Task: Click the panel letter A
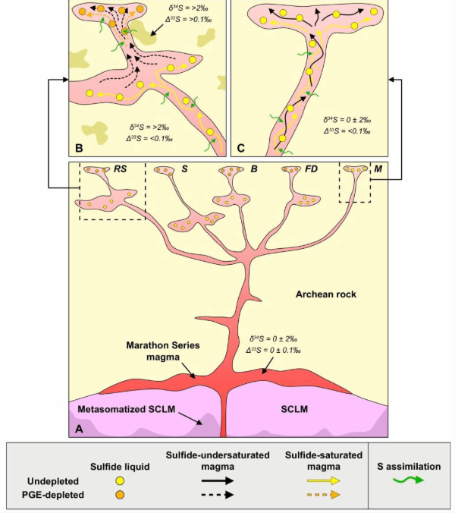tap(79, 428)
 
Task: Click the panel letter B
tap(79, 148)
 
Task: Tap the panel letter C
tap(240, 148)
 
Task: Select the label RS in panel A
tap(120, 168)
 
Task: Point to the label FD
tap(311, 168)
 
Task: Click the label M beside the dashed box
tap(378, 168)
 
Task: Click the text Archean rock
tap(326, 294)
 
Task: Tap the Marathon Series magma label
tap(163, 351)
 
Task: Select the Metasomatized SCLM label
tap(127, 409)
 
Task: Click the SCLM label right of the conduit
tap(294, 409)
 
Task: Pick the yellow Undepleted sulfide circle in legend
tap(120, 480)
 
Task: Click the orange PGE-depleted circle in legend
tap(120, 495)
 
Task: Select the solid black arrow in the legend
tap(218, 480)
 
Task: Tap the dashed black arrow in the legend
tap(218, 495)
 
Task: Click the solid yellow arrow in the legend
tap(323, 480)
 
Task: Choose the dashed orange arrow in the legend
tap(323, 495)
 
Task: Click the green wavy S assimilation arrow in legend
tap(408, 480)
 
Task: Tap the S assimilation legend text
tap(409, 466)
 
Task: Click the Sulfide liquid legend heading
tap(120, 467)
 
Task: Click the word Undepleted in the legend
tap(53, 481)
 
